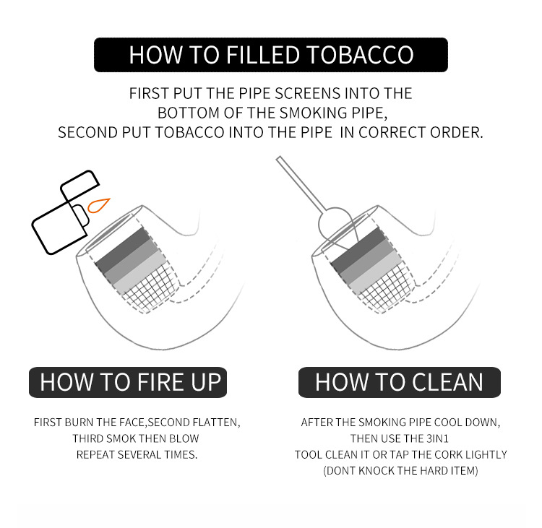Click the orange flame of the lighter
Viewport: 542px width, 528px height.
(x=98, y=206)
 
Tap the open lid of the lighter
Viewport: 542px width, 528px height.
(x=79, y=185)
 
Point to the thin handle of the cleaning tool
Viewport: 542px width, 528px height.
(x=301, y=184)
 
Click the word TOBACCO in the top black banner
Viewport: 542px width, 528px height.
(x=360, y=55)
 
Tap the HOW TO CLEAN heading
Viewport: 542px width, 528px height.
(x=399, y=382)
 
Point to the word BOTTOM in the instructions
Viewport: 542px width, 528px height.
(x=189, y=113)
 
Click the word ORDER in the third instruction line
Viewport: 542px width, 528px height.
(x=456, y=133)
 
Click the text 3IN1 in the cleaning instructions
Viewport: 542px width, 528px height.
(x=437, y=438)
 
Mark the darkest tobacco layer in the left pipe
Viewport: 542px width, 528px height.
(x=122, y=248)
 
